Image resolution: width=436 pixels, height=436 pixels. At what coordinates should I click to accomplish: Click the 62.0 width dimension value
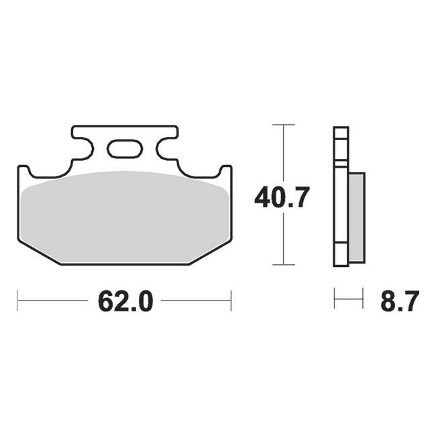click(125, 301)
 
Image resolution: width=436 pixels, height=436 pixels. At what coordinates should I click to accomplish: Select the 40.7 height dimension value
click(282, 198)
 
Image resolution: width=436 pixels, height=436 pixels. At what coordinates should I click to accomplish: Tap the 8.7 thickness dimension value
click(400, 301)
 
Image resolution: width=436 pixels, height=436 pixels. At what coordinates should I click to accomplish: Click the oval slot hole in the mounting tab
click(125, 149)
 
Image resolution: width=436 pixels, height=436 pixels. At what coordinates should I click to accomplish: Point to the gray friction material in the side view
click(356, 218)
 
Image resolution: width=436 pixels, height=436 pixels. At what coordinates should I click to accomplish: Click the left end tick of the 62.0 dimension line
click(17, 301)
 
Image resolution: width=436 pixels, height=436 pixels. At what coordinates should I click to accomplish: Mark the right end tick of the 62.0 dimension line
click(231, 301)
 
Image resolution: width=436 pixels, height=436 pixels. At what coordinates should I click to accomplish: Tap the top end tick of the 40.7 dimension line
click(283, 125)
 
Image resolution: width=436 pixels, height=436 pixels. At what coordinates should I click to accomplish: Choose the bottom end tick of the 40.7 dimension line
click(283, 265)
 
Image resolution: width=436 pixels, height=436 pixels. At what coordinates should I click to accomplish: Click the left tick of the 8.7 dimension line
click(334, 298)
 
